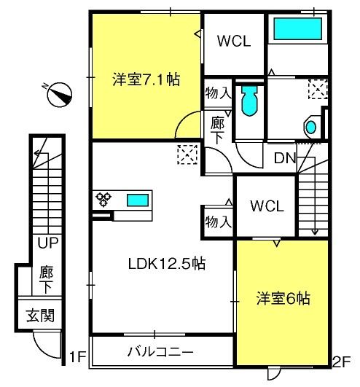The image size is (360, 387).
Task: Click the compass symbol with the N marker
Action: click(59, 94)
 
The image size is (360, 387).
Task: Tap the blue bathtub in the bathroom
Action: click(297, 28)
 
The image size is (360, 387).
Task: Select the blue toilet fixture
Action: click(250, 101)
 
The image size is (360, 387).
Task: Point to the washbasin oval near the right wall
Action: click(311, 127)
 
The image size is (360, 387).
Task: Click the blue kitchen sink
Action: click(138, 200)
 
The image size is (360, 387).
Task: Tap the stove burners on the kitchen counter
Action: click(103, 199)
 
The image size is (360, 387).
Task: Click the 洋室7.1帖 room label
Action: click(146, 79)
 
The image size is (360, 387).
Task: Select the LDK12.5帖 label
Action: click(167, 263)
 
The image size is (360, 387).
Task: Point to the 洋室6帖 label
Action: click(283, 298)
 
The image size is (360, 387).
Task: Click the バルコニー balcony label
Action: click(160, 352)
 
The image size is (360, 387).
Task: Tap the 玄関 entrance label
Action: click(40, 315)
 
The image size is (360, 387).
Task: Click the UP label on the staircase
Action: click(48, 243)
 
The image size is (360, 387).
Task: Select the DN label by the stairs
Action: click(285, 158)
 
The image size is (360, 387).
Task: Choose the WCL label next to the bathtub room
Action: click(234, 41)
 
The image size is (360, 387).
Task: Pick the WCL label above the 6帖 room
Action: click(267, 206)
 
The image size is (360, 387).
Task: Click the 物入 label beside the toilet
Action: click(218, 93)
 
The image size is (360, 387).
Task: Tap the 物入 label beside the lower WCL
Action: click(218, 222)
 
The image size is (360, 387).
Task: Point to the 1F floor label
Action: click(77, 356)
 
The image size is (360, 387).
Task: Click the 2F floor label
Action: click(342, 362)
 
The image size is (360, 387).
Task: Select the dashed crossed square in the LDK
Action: click(187, 155)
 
